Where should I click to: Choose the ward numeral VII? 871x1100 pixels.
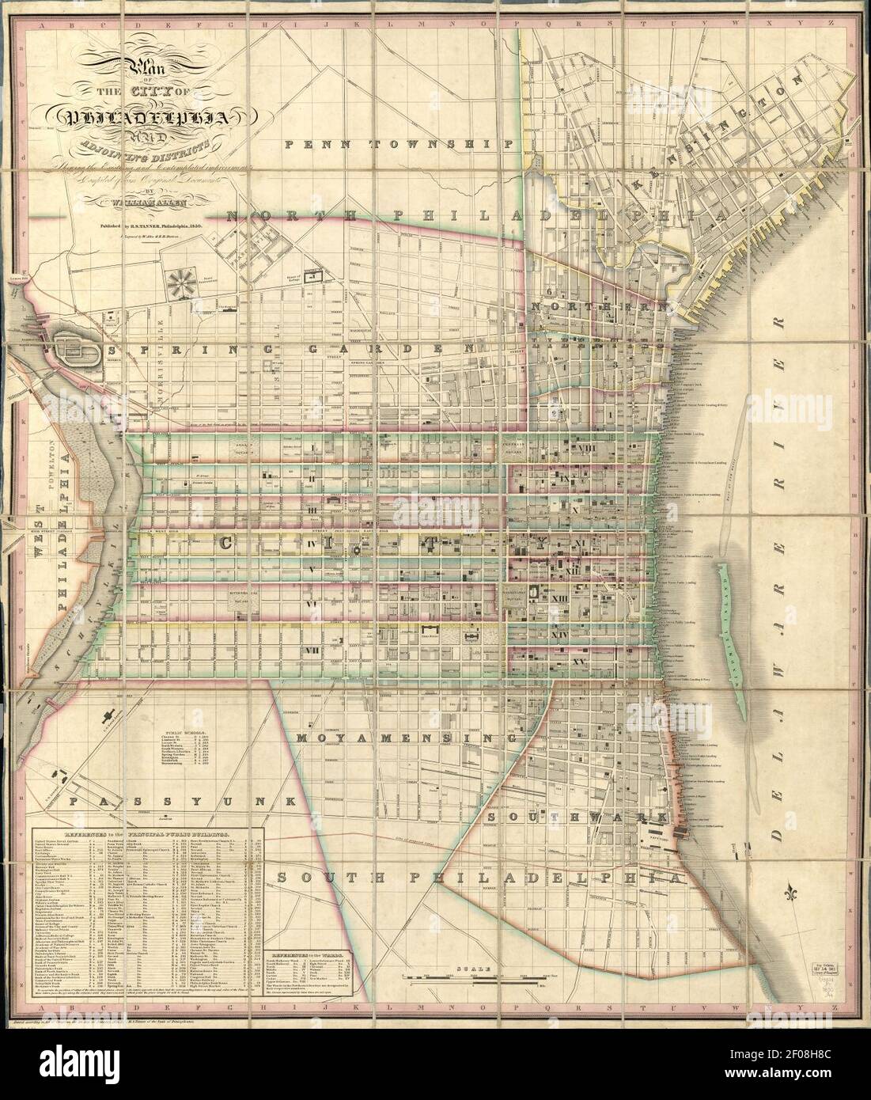pyautogui.click(x=313, y=651)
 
